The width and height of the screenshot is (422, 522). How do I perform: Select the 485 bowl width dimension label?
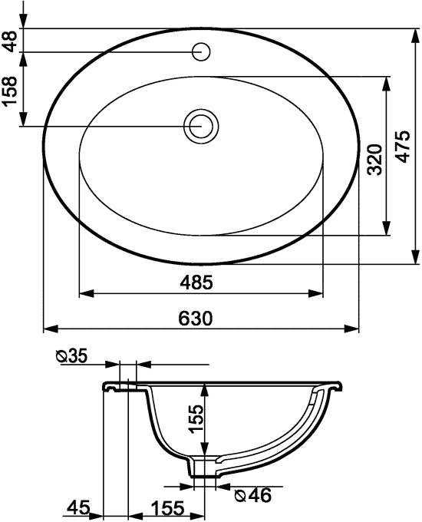[x=197, y=282]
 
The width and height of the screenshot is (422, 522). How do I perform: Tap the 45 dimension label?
[x=77, y=507]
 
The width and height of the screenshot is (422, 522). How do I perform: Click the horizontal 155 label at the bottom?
[x=165, y=507]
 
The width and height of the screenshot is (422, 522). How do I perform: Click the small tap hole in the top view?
[x=202, y=52]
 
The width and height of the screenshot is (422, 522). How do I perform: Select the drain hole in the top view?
[x=201, y=126]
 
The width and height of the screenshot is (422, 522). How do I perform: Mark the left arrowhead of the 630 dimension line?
[x=48, y=329]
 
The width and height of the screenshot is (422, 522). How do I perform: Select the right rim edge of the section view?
[x=338, y=382]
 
